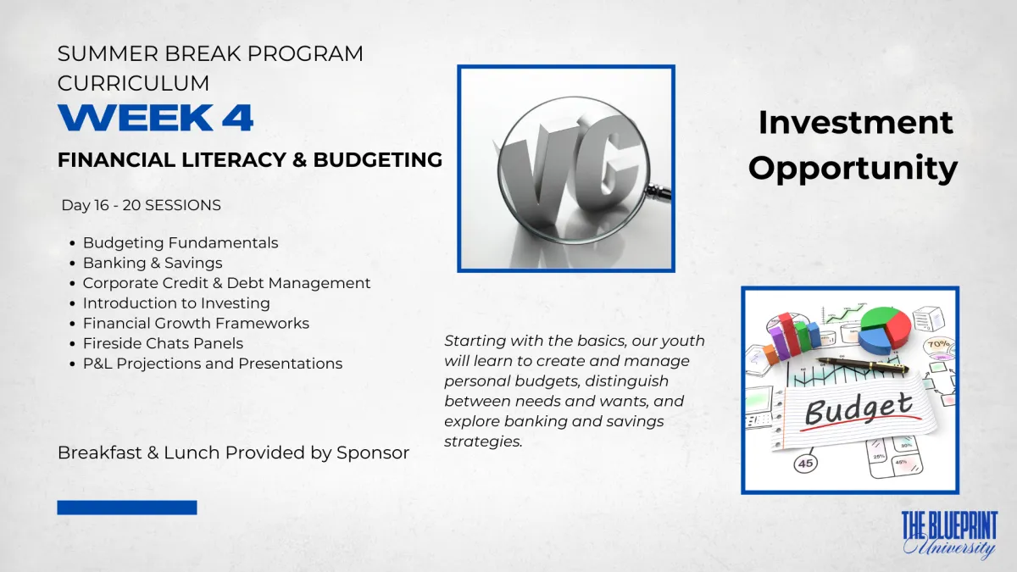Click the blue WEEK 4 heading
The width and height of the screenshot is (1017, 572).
(155, 118)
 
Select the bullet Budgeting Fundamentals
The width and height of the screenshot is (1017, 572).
(181, 243)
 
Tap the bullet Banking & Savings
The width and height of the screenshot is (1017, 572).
(153, 263)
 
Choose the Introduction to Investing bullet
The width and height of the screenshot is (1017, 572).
(176, 303)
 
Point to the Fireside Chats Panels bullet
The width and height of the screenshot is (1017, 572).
(163, 343)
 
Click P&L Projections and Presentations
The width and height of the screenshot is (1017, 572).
(213, 364)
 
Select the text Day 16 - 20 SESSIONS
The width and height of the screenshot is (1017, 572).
(142, 205)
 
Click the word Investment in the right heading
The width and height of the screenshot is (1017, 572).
(855, 122)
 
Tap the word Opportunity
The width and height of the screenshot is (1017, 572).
(853, 169)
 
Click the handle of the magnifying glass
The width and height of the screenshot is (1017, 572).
(659, 192)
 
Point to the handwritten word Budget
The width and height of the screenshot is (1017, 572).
(858, 408)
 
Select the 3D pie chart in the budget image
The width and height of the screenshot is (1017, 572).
(885, 329)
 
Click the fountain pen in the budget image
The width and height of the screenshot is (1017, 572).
(863, 364)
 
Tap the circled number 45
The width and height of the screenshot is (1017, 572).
(806, 464)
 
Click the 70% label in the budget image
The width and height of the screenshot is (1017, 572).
(938, 345)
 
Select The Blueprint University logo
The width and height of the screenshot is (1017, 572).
(950, 536)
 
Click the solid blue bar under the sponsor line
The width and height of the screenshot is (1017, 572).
(127, 508)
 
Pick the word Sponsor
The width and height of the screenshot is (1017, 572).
(373, 453)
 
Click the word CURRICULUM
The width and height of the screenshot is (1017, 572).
(134, 84)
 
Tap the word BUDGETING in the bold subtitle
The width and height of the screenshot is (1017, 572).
(378, 160)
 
